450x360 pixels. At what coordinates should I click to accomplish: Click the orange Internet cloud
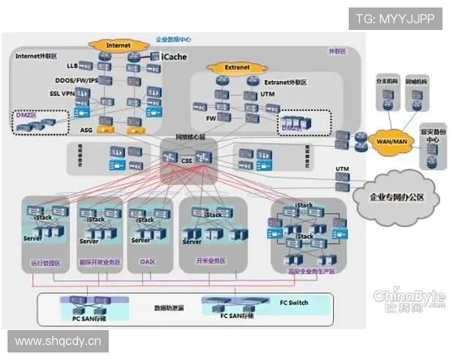tap(118, 45)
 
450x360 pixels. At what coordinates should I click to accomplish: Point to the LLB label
tap(72, 66)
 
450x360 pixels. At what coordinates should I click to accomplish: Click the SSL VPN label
tap(63, 94)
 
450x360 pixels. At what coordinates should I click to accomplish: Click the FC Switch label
tap(293, 303)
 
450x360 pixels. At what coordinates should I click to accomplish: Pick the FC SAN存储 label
tap(236, 316)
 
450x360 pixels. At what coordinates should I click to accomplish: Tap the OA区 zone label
tap(148, 262)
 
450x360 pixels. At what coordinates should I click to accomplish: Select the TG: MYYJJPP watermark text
tap(395, 17)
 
